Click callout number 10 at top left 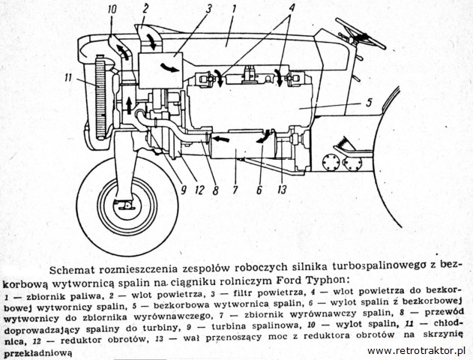click(111, 9)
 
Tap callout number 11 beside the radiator click(68, 77)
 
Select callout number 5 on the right click(369, 102)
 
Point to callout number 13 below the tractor click(282, 190)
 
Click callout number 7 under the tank click(235, 190)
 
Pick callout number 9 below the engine click(183, 190)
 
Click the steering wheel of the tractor click(361, 34)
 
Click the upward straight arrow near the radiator click(129, 105)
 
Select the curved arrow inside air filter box click(169, 67)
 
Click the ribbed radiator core click(100, 97)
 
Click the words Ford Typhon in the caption click(310, 280)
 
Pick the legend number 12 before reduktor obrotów click(37, 341)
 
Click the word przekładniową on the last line click(37, 352)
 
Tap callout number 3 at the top click(208, 9)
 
